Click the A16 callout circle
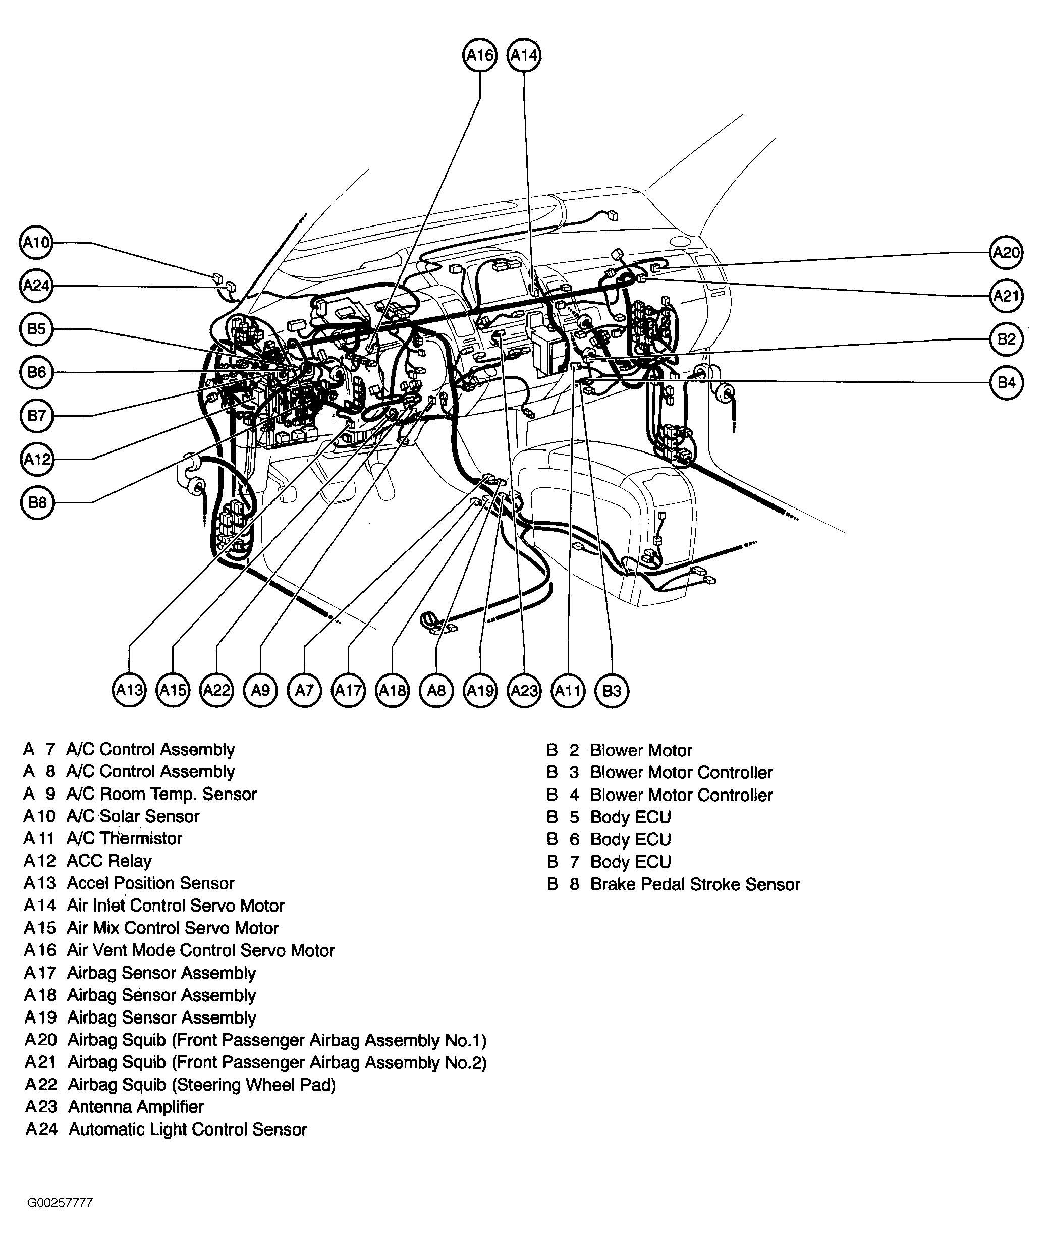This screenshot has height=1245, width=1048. [x=479, y=55]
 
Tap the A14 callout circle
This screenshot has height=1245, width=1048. [x=523, y=55]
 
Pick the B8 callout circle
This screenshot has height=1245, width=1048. [x=37, y=502]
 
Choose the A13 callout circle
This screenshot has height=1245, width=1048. [x=129, y=690]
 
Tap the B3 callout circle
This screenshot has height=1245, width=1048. [x=612, y=690]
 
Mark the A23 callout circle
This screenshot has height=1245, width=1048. [x=524, y=690]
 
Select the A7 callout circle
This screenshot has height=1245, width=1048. [x=304, y=690]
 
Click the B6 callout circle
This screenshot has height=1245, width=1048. [x=37, y=372]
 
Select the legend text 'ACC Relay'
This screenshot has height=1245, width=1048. [x=109, y=861]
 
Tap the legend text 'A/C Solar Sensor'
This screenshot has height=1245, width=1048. [x=133, y=816]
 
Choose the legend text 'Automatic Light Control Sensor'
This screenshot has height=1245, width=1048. [x=188, y=1129]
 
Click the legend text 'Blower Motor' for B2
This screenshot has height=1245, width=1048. [x=641, y=750]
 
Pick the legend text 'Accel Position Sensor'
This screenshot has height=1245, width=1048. [x=151, y=883]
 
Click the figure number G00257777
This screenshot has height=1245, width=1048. [x=60, y=1203]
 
